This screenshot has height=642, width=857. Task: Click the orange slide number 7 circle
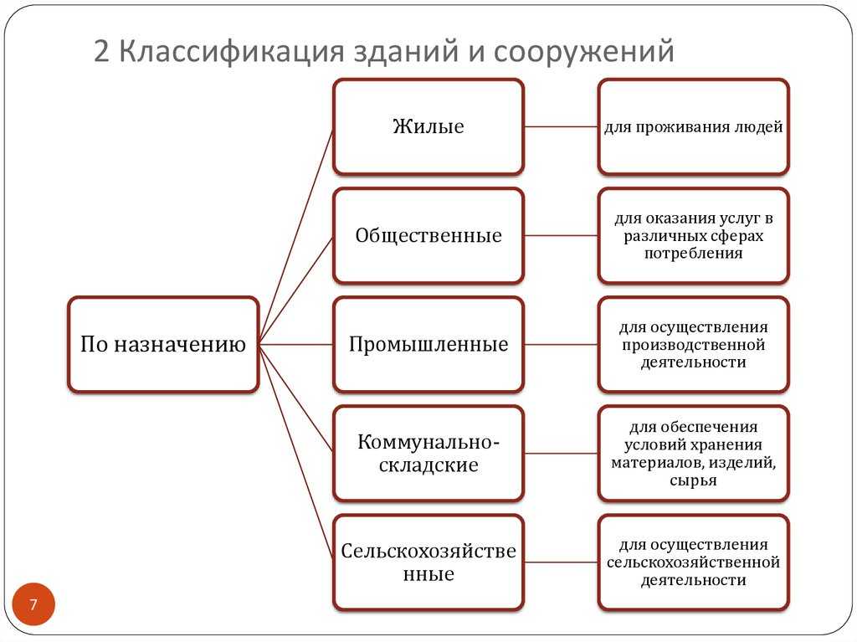tap(33, 604)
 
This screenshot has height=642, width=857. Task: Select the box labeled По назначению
tap(163, 345)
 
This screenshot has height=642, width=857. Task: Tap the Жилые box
tap(428, 127)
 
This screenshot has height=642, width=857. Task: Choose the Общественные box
tap(428, 236)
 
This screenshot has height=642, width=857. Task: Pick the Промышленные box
tap(428, 345)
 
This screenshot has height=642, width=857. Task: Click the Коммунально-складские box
tap(428, 454)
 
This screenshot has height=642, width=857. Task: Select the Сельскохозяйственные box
tap(428, 562)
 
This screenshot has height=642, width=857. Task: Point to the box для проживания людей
tap(694, 127)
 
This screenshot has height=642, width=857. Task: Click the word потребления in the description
tap(694, 253)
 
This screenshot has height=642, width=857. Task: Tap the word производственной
tap(694, 345)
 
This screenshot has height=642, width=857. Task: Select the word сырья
tap(693, 480)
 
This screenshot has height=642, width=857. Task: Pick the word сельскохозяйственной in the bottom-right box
tap(693, 562)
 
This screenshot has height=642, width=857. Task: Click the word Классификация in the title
tap(231, 51)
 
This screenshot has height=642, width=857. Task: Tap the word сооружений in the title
tap(583, 51)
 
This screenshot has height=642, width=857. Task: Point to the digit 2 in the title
tap(101, 51)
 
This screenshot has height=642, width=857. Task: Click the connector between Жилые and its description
tap(562, 127)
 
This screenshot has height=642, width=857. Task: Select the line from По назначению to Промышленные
tap(295, 345)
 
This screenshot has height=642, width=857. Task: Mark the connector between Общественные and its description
tap(562, 236)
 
